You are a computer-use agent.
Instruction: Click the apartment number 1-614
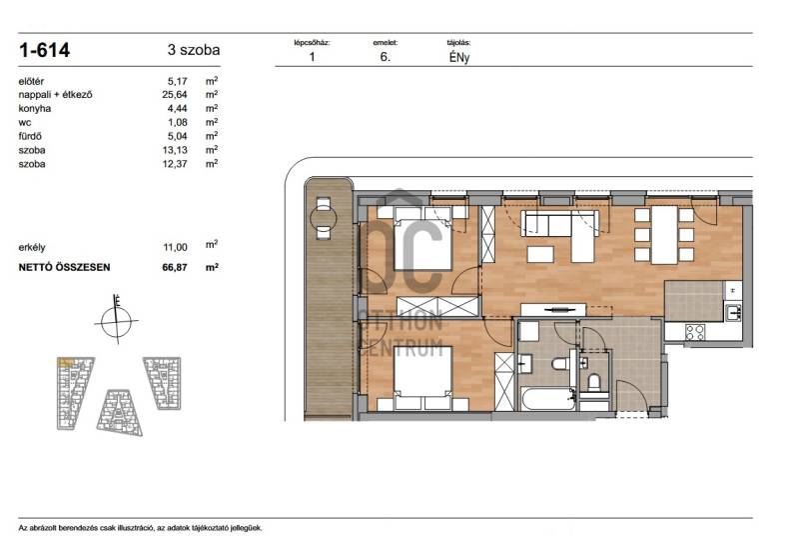[44, 50]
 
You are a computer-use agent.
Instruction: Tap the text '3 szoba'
[194, 50]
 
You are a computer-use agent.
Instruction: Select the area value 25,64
[174, 94]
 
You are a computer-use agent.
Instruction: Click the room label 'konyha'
[35, 108]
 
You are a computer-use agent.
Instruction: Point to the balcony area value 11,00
[175, 247]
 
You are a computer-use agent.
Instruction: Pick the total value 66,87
[175, 267]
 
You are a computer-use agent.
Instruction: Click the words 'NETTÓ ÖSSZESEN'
[64, 267]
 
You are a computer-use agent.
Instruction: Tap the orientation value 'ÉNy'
[459, 57]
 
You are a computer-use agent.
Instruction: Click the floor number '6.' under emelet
[386, 57]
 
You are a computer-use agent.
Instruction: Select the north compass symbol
[116, 320]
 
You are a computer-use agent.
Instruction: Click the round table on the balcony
[324, 218]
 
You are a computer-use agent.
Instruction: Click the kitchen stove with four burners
[695, 332]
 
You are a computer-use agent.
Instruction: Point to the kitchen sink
[733, 311]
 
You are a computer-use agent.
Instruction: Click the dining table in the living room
[664, 235]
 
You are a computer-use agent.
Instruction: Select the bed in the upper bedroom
[422, 239]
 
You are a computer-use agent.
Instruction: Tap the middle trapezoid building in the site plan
[120, 413]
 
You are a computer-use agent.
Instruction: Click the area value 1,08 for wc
[178, 122]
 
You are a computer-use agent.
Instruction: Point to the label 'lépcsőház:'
[312, 43]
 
